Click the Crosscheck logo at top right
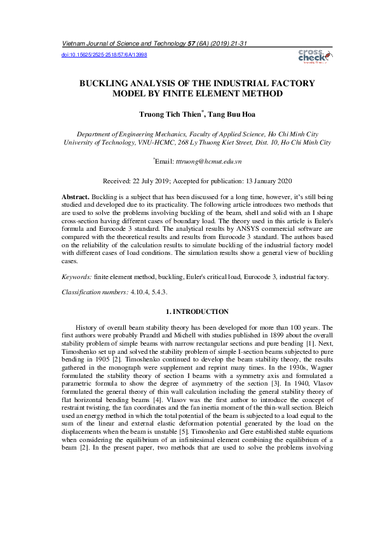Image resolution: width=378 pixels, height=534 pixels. (x=313, y=56)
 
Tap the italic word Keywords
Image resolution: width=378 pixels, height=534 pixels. (x=76, y=277)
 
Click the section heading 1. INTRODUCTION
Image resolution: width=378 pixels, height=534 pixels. (x=197, y=311)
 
